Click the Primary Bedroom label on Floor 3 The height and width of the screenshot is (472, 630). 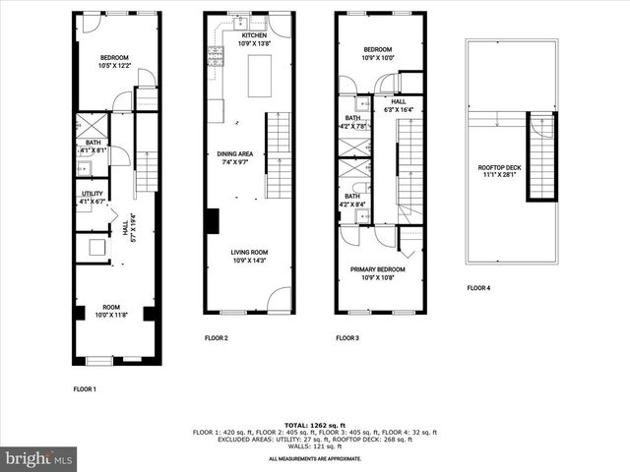pyautogui.click(x=377, y=272)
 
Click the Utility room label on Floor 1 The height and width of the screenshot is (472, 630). pyautogui.click(x=93, y=198)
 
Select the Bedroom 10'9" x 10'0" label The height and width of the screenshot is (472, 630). pyautogui.click(x=377, y=54)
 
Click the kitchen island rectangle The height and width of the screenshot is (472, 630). pyautogui.click(x=260, y=77)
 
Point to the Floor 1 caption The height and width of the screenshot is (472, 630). pyautogui.click(x=85, y=389)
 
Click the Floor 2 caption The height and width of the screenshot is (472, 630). pyautogui.click(x=216, y=338)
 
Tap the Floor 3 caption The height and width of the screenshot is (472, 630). pyautogui.click(x=346, y=338)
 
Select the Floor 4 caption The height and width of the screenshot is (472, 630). pyautogui.click(x=478, y=288)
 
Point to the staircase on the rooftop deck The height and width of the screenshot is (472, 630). pyautogui.click(x=541, y=156)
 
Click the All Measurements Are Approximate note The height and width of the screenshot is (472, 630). pyautogui.click(x=315, y=459)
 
